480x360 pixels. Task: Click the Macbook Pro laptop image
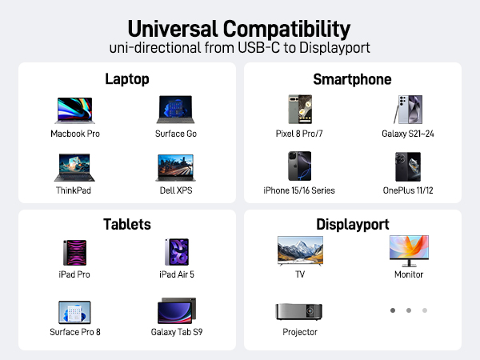coord(75,111)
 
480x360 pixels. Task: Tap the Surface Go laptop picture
coord(175,110)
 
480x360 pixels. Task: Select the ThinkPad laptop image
coord(75,168)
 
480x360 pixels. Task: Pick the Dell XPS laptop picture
coord(175,168)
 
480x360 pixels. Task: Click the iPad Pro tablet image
coord(75,252)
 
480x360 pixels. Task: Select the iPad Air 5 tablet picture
coord(176,252)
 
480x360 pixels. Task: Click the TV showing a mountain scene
coord(299,250)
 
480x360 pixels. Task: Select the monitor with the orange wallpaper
coord(408,250)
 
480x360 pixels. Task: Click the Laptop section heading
coord(127,79)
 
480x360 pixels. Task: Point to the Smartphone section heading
coord(353,79)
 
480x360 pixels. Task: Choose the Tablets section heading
coord(127,224)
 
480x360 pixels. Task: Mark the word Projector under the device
coord(299,332)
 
